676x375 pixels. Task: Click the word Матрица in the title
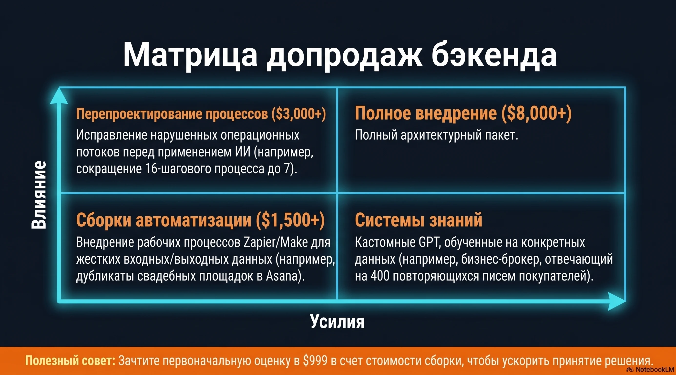pyautogui.click(x=190, y=55)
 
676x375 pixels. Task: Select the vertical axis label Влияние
pyautogui.click(x=39, y=195)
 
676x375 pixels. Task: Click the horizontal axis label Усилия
pyautogui.click(x=337, y=322)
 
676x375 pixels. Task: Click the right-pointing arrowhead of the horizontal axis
pyautogui.click(x=617, y=301)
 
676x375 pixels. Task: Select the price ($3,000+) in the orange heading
pyautogui.click(x=299, y=114)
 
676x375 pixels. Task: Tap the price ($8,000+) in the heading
pyautogui.click(x=536, y=114)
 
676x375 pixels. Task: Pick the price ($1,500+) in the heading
pyautogui.click(x=290, y=220)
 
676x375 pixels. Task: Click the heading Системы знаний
pyautogui.click(x=419, y=220)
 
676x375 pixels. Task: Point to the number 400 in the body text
pyautogui.click(x=380, y=276)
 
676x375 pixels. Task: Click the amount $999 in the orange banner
pyautogui.click(x=315, y=361)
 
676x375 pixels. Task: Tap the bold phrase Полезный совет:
pyautogui.click(x=70, y=361)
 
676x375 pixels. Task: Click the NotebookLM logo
pyautogui.click(x=654, y=370)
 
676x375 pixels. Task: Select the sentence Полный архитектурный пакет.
pyautogui.click(x=437, y=135)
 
